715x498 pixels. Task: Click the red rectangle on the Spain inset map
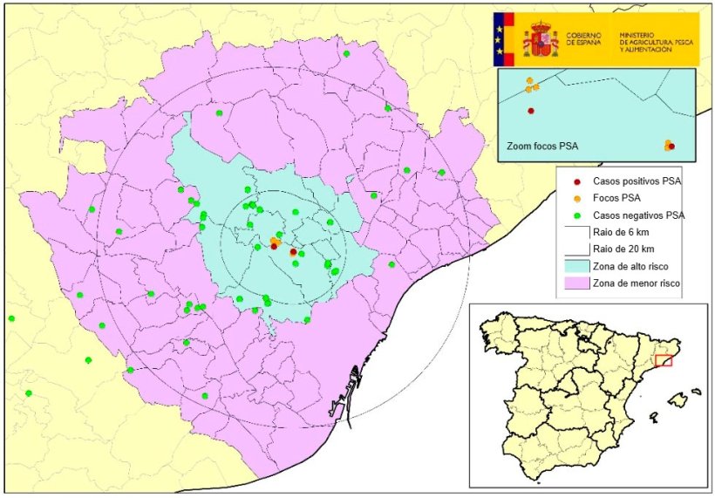click(664, 360)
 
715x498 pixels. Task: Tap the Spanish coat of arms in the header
click(541, 39)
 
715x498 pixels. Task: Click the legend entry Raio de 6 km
click(620, 232)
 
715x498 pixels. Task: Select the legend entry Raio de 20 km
click(623, 249)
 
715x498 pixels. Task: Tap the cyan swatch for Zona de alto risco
click(575, 266)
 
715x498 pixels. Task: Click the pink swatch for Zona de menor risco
click(575, 283)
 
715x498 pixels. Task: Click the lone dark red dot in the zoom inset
click(531, 111)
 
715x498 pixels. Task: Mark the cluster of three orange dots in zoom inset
click(531, 85)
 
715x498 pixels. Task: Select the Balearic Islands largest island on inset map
click(675, 401)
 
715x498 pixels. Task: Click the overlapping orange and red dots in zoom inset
click(669, 145)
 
